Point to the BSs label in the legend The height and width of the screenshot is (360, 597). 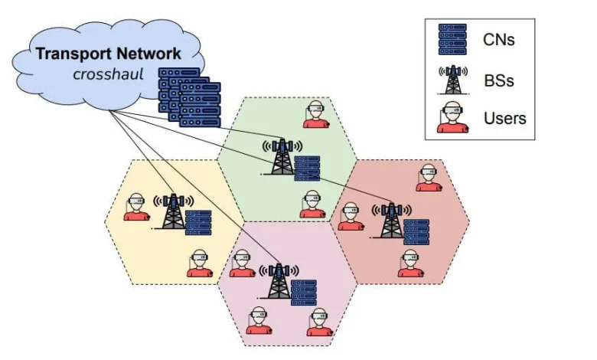point(498,79)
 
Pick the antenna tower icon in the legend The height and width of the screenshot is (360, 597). point(452,79)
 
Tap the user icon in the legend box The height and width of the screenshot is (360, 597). point(452,119)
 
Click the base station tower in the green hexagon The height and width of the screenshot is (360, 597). point(282,157)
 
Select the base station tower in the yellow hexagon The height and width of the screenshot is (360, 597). point(174,211)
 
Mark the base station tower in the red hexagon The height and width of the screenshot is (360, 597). point(391,221)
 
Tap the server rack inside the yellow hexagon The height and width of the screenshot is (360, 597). point(198,222)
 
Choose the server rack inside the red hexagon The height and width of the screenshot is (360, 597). point(416,231)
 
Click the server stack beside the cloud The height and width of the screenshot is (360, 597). point(188,97)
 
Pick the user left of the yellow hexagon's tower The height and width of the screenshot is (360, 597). point(136,207)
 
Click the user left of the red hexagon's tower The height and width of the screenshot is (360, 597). point(351,216)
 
